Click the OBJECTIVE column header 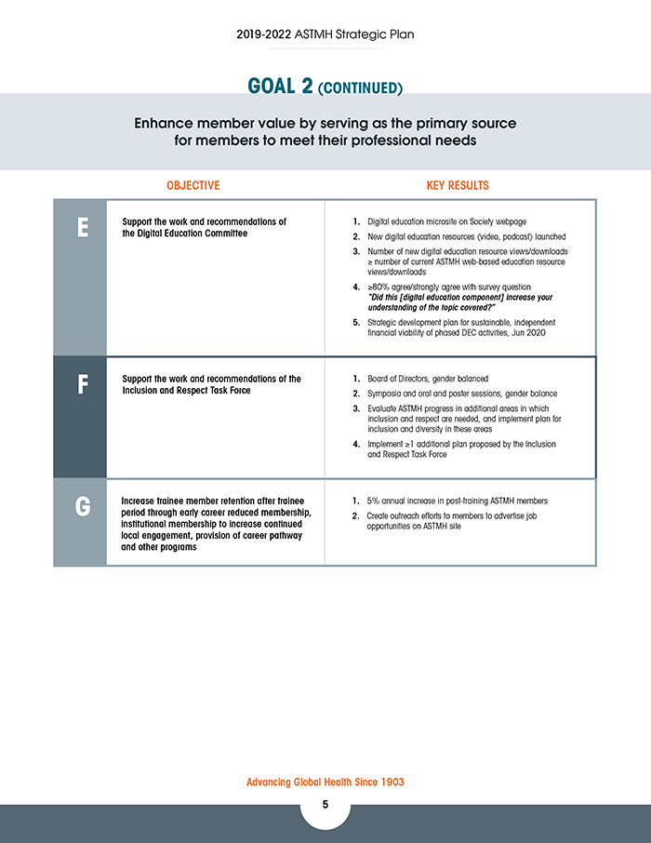[193, 185]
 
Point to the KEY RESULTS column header [458, 185]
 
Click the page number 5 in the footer [325, 805]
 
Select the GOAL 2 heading [280, 87]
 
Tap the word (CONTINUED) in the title [360, 89]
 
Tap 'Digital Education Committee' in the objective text [191, 233]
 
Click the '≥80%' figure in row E [380, 288]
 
